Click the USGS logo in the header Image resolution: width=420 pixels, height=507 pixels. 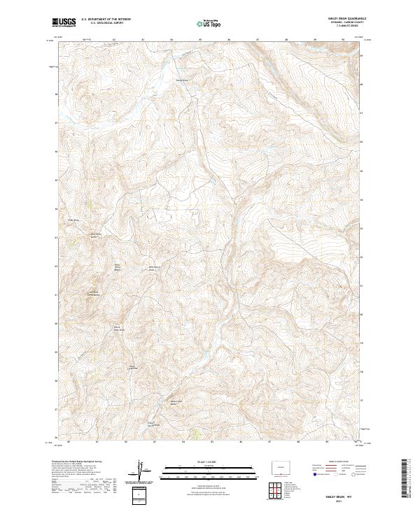(64, 22)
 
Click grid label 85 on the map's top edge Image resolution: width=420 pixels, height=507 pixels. (200, 39)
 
